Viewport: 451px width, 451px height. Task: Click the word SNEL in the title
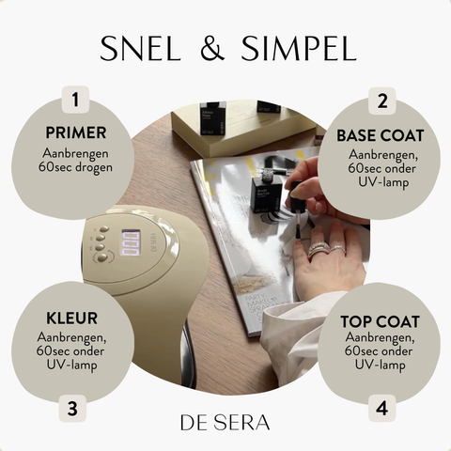pos(141,49)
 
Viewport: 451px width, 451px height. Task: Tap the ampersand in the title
pos(212,48)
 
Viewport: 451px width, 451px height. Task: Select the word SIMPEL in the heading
pos(299,49)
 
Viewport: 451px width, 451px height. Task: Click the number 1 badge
pos(75,100)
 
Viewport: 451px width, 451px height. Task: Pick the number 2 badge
pos(382,101)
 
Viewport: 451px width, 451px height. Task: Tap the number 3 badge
pos(72,408)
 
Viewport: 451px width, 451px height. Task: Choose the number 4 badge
pos(381,408)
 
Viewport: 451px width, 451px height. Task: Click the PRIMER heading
pos(76,132)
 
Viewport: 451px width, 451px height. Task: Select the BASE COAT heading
pos(381,135)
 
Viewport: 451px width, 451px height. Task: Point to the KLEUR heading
pos(71,319)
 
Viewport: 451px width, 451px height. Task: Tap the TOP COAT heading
pos(381,321)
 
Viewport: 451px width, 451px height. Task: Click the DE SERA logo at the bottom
pos(225,423)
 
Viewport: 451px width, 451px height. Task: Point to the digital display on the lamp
pos(131,243)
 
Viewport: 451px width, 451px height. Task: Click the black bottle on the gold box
pos(212,118)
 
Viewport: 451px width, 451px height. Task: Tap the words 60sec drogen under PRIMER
pos(75,167)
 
